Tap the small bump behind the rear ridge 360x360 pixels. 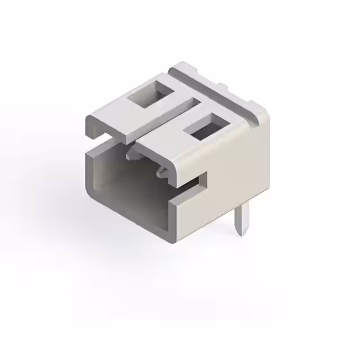(223, 87)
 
